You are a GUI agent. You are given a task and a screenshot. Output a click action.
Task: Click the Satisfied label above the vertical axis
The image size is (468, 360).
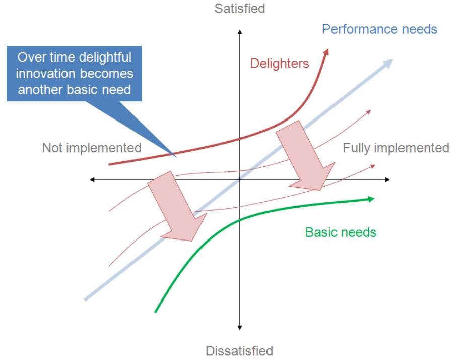tap(240, 9)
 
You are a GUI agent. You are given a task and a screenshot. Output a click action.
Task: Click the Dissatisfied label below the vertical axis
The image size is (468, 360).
tap(239, 351)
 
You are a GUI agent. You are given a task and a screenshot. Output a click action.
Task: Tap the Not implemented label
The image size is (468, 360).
tap(92, 148)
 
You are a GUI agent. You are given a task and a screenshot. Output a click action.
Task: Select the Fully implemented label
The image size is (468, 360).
tap(396, 148)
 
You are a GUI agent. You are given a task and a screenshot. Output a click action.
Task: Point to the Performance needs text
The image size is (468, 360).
tap(379, 29)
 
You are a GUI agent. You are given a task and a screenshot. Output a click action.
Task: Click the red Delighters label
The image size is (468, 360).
tap(280, 64)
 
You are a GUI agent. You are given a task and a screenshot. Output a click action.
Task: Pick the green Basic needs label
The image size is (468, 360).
tap(341, 232)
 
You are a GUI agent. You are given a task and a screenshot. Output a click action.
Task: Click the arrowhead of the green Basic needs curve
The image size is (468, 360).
tap(371, 199)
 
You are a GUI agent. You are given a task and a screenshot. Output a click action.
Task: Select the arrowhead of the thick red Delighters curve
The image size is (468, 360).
tap(326, 52)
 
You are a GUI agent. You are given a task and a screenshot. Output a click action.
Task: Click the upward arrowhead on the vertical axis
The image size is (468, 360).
tap(239, 32)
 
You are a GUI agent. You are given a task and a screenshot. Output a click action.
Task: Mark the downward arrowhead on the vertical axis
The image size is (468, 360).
tap(239, 328)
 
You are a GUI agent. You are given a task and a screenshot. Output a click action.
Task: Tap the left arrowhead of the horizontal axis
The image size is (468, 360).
tap(92, 179)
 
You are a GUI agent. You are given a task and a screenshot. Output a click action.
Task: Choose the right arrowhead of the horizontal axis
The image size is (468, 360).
tap(387, 179)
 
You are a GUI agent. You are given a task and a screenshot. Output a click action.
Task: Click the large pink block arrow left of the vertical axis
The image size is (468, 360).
tap(177, 206)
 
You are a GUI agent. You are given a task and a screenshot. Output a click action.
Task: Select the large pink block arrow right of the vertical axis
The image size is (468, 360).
tap(305, 155)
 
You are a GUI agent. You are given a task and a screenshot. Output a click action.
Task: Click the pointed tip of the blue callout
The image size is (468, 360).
tap(176, 157)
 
